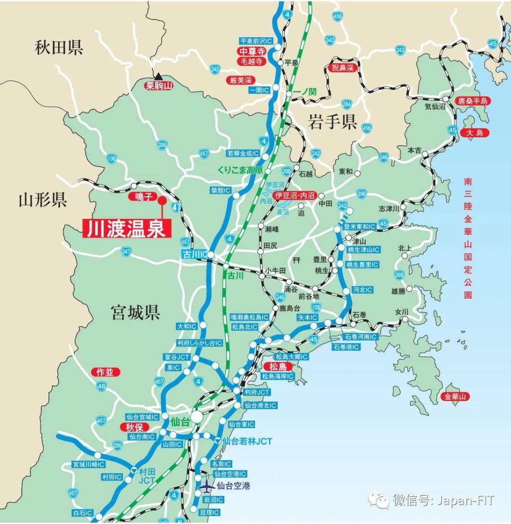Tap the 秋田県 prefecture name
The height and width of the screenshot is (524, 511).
tap(59, 47)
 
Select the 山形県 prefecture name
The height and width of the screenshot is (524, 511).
tap(43, 200)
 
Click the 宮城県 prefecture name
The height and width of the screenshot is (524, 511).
tap(135, 313)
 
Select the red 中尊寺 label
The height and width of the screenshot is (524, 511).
tap(251, 52)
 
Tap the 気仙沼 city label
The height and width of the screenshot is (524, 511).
tap(435, 107)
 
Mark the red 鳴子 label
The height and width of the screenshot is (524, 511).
tap(142, 197)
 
